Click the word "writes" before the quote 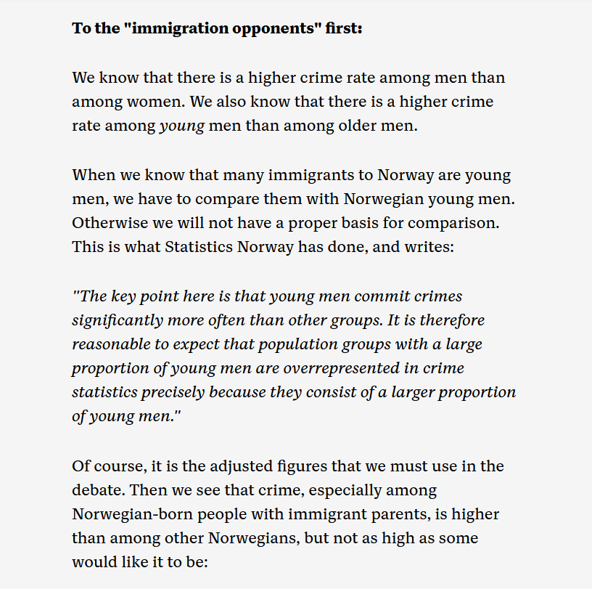click(427, 247)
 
